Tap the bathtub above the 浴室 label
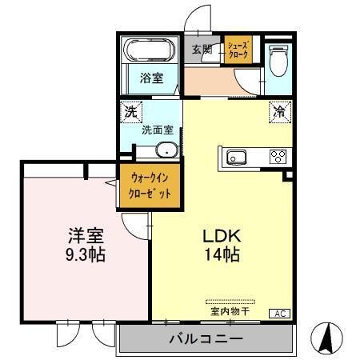coord(149,51)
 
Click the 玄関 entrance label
coord(202,50)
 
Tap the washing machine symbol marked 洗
coord(130,112)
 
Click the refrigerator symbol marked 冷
coord(280,112)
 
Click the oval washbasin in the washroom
coord(167,150)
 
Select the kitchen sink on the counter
coord(238,156)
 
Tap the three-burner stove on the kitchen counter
coord(278,156)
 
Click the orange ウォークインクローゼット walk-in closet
coord(150,186)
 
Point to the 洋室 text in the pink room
coord(84,238)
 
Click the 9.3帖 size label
coord(84,256)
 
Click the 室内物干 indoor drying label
coord(231,310)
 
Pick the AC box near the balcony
coord(282,313)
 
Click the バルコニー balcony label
coord(206,339)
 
